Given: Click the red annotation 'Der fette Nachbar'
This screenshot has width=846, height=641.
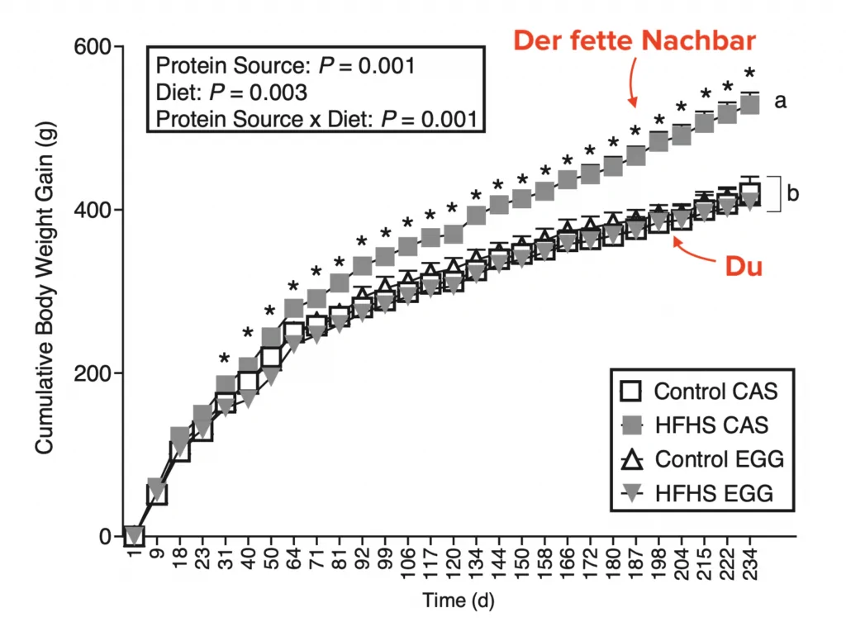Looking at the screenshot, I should tap(635, 41).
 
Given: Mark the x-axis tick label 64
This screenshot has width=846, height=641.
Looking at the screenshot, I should tap(293, 561).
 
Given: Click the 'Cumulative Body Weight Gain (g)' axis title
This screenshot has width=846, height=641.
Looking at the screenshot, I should tap(44, 291).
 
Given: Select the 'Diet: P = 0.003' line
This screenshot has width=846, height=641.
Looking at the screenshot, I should tap(232, 93).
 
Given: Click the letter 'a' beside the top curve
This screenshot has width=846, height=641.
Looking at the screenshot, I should tap(780, 102).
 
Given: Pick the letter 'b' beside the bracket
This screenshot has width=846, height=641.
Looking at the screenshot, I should tap(792, 194).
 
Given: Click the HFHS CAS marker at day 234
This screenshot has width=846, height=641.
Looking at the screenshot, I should tap(750, 104).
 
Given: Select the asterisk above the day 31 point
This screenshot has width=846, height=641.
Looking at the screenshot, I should tap(225, 358).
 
